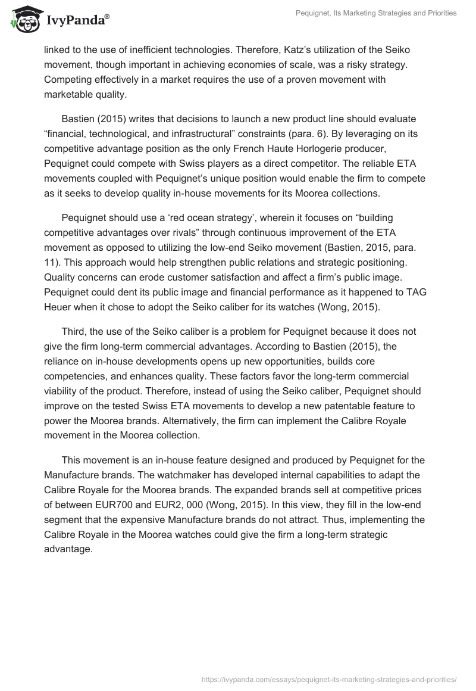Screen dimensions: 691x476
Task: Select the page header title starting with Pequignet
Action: pyautogui.click(x=376, y=13)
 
